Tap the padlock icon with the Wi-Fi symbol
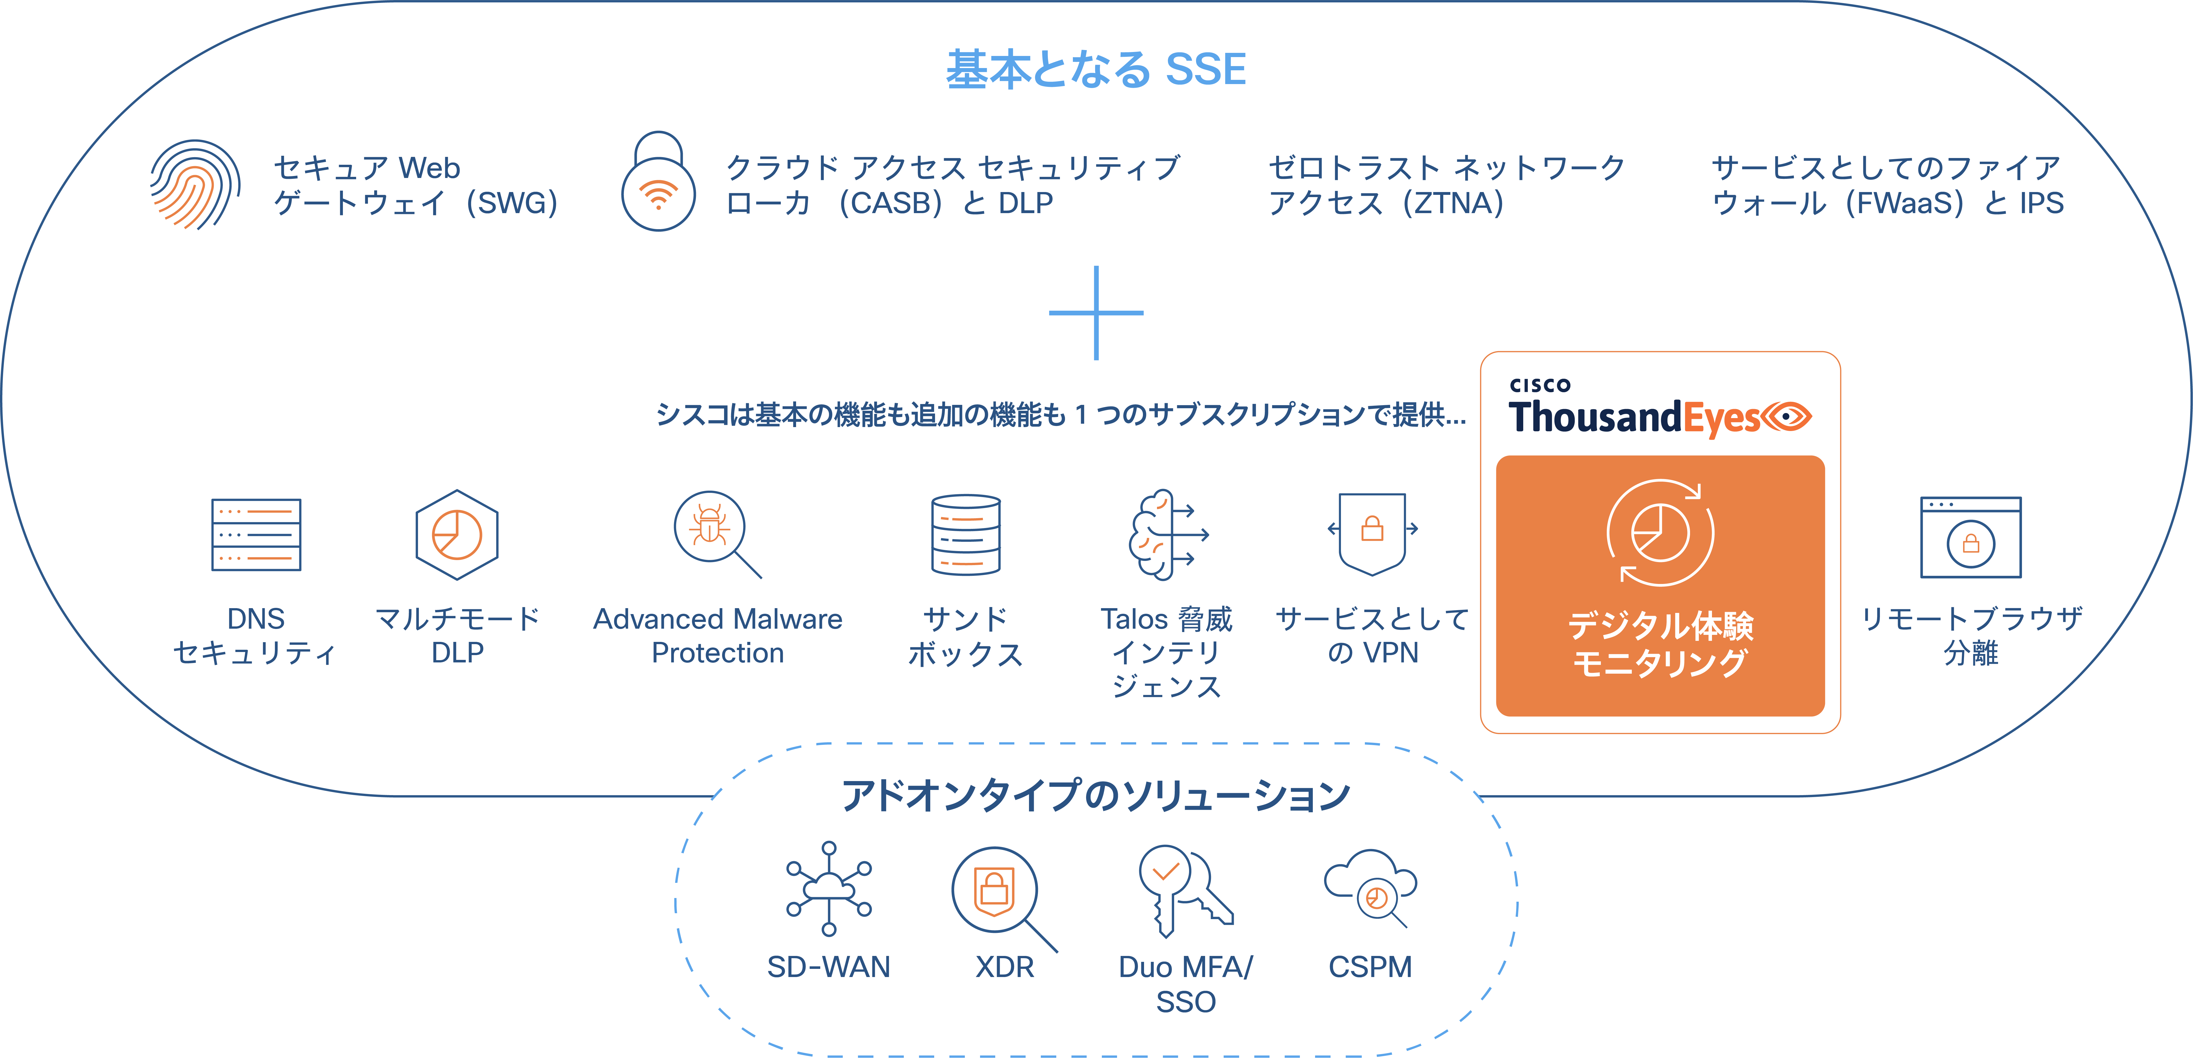click(x=658, y=183)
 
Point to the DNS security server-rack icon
click(x=256, y=534)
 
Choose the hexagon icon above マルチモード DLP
click(x=457, y=534)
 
